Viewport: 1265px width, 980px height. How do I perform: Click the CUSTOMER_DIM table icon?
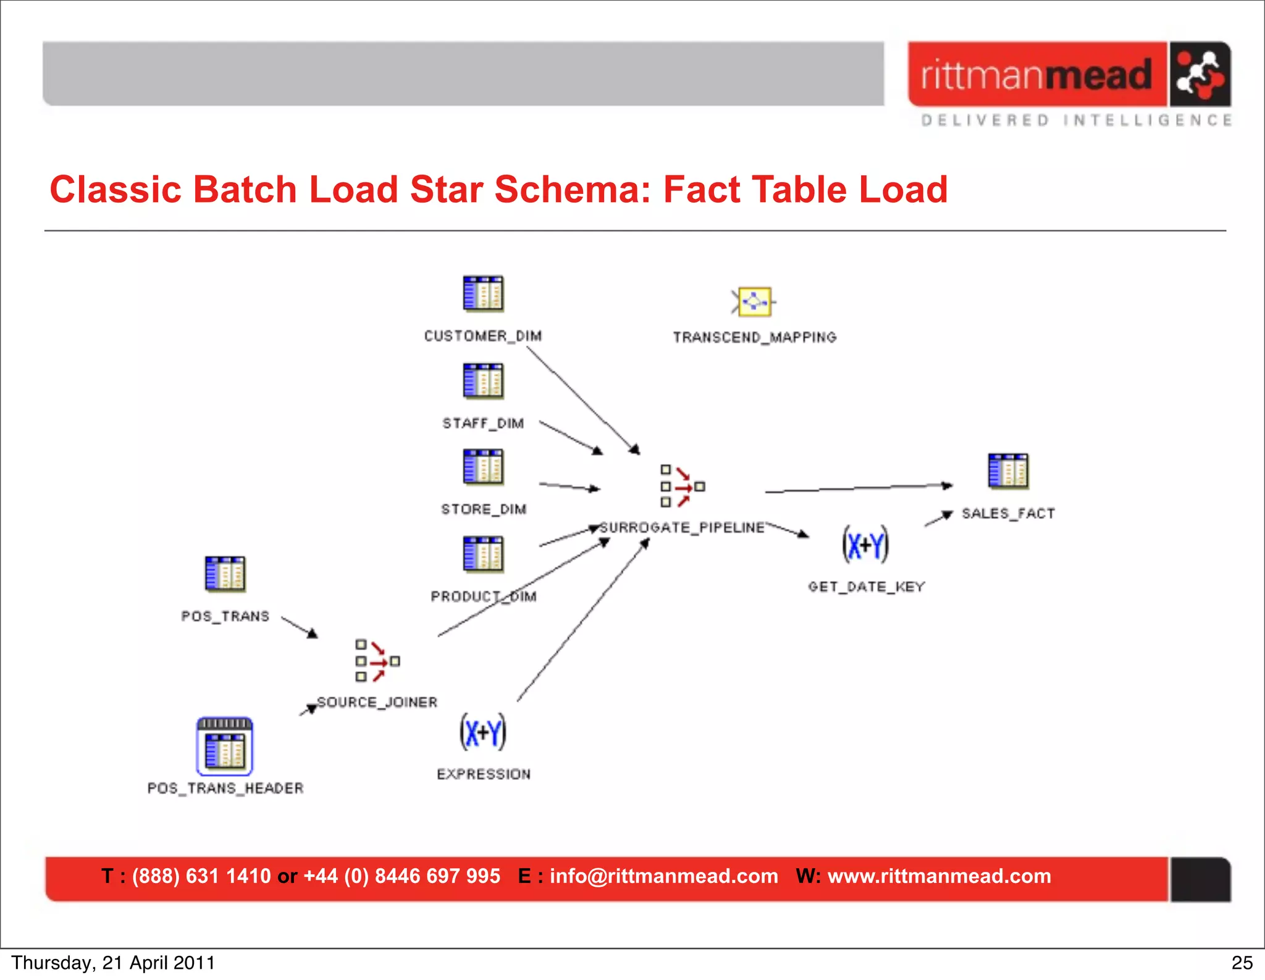coord(483,293)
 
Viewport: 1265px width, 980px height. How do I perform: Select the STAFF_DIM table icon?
coord(483,381)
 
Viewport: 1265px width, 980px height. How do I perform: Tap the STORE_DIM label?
coord(484,509)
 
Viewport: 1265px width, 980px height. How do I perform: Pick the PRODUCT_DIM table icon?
coord(483,554)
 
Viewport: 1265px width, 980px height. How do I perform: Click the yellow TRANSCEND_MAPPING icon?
coord(754,302)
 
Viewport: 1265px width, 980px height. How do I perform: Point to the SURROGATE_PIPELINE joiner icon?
coord(681,487)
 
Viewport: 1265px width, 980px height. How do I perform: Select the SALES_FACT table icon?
coord(1008,471)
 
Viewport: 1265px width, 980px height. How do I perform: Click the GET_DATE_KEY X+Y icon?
coord(865,545)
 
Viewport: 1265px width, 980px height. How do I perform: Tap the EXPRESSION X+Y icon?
coord(483,732)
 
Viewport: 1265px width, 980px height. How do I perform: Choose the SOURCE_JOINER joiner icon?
coord(377,661)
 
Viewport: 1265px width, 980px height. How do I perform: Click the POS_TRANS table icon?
coord(225,574)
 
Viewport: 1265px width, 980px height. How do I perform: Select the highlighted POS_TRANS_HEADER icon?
coord(225,747)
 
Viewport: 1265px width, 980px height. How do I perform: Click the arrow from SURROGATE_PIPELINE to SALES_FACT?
coord(859,488)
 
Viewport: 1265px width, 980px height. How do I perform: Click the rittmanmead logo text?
coord(1036,75)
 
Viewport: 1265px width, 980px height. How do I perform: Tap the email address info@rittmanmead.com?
coord(663,876)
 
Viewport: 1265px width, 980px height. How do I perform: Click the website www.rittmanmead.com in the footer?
coord(939,876)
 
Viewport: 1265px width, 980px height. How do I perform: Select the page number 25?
coord(1242,963)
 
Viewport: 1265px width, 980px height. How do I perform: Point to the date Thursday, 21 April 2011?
coord(113,963)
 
